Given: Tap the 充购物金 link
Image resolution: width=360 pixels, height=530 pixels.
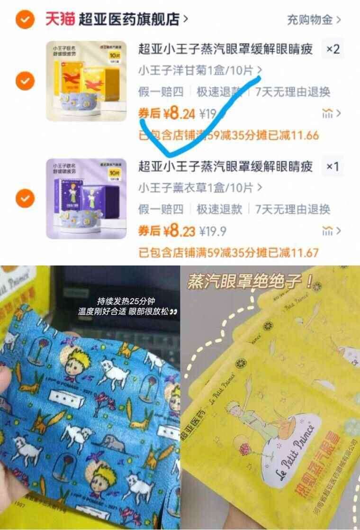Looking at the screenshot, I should click(x=314, y=20).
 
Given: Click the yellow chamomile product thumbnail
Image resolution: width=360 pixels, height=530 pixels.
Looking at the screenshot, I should click(x=80, y=81).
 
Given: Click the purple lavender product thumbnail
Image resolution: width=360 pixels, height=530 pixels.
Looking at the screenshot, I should click(x=80, y=198).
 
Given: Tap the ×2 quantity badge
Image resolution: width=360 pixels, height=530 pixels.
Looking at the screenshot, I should click(x=333, y=49).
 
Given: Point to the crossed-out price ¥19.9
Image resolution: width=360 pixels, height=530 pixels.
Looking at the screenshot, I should click(x=213, y=232).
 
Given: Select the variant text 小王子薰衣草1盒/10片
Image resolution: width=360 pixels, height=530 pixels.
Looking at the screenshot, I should click(x=196, y=188).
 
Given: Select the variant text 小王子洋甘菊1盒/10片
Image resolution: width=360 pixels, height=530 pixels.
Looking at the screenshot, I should click(x=196, y=71).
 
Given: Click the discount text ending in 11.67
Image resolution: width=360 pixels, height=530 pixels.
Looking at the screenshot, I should click(x=228, y=253).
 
